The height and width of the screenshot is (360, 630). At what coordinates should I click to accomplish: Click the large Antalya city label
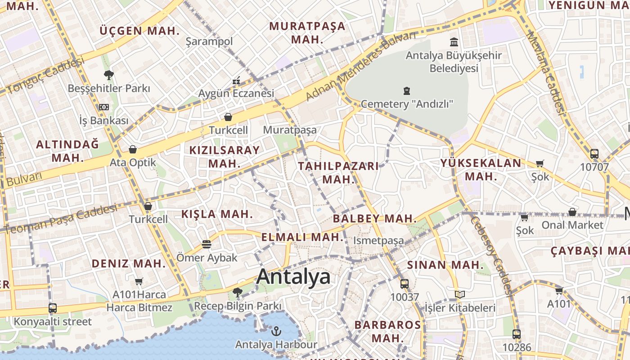pyautogui.click(x=293, y=277)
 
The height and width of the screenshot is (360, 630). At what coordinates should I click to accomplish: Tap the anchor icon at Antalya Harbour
pyautogui.click(x=276, y=332)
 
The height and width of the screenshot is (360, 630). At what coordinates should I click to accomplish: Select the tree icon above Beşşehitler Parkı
pyautogui.click(x=108, y=75)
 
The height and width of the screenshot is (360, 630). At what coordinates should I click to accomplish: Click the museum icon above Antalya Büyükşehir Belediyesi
pyautogui.click(x=454, y=42)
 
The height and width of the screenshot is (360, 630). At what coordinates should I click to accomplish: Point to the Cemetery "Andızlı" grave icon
pyautogui.click(x=407, y=91)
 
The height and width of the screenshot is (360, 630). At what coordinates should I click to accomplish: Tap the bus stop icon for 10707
pyautogui.click(x=594, y=154)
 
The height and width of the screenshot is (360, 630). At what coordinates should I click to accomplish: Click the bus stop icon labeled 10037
pyautogui.click(x=404, y=284)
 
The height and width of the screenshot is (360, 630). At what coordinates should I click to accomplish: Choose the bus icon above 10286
pyautogui.click(x=516, y=334)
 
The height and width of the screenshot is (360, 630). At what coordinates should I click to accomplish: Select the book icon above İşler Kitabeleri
pyautogui.click(x=459, y=295)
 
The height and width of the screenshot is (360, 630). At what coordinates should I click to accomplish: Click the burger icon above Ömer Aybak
pyautogui.click(x=207, y=244)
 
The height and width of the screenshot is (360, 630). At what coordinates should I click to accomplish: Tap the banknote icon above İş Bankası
pyautogui.click(x=104, y=107)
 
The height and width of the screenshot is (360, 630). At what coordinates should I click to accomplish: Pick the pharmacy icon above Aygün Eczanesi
pyautogui.click(x=236, y=81)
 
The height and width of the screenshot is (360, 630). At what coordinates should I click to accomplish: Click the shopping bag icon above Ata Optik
pyautogui.click(x=133, y=149)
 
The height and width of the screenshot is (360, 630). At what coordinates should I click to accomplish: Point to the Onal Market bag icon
pyautogui.click(x=572, y=211)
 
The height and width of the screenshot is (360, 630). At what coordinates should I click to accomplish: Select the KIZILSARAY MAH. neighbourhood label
pyautogui.click(x=225, y=157)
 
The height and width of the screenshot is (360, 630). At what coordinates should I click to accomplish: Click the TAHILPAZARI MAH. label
pyautogui.click(x=339, y=172)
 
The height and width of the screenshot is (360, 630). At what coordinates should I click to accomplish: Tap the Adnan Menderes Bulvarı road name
pyautogui.click(x=360, y=66)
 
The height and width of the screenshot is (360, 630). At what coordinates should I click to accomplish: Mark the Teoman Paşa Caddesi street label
pyautogui.click(x=61, y=219)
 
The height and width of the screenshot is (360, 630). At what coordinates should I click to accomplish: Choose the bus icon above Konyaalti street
pyautogui.click(x=53, y=308)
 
